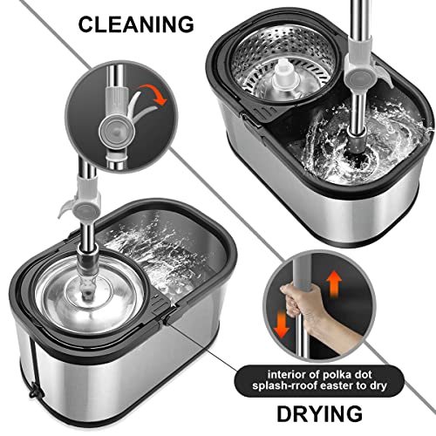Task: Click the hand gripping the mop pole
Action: (x=304, y=303)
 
